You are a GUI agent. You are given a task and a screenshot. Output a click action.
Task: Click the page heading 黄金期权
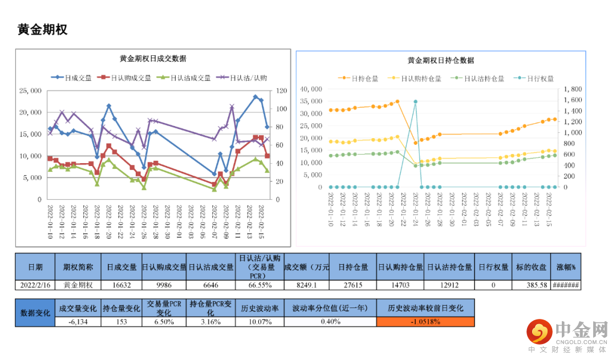coord(43,30)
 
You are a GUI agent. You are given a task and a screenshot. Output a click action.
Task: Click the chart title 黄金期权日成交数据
coord(152,59)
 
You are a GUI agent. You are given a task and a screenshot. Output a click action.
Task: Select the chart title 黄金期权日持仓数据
coord(440,60)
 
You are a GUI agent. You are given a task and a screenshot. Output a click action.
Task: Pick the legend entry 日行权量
coord(540,79)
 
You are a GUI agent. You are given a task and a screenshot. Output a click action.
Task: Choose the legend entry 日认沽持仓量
coord(485,79)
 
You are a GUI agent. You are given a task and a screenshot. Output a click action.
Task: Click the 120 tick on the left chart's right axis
coord(282,91)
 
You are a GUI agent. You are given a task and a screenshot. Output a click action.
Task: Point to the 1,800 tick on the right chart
coord(572,89)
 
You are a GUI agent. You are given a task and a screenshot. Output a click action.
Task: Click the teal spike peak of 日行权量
coord(415,102)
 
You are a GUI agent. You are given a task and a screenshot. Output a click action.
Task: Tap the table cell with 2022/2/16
coord(35,285)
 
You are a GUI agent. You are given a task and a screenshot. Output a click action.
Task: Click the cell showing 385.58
coord(531,285)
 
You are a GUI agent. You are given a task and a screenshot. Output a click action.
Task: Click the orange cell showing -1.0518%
coord(425,322)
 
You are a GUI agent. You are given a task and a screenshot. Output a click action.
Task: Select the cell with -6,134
coord(78,322)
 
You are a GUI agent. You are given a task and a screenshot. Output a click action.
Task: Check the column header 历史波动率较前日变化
coord(425,308)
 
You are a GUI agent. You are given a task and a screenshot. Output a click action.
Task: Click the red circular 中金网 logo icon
coord(539,331)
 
